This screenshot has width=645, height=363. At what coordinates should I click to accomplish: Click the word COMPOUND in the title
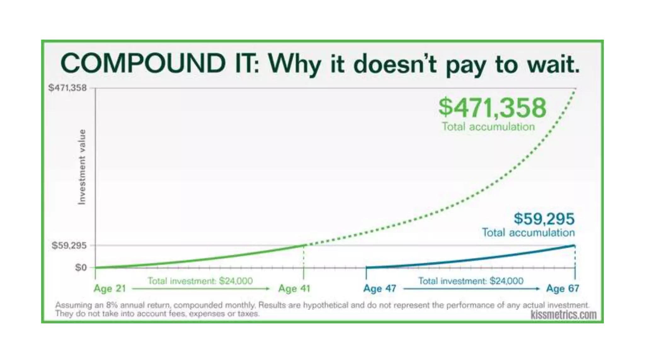click(x=143, y=63)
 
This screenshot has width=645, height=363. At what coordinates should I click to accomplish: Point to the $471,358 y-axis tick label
click(x=67, y=88)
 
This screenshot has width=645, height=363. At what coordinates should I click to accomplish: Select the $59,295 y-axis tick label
click(x=69, y=245)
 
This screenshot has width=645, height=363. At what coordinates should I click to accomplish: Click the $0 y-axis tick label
click(x=81, y=268)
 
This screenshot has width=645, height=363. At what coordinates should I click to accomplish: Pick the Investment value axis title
click(x=82, y=167)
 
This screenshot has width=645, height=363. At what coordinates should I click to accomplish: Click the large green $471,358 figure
click(x=492, y=108)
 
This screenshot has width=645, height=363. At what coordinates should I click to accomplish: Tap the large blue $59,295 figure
click(x=544, y=219)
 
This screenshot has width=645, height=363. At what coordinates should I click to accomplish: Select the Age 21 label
click(x=110, y=288)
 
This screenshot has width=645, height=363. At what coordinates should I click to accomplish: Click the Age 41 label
click(x=294, y=288)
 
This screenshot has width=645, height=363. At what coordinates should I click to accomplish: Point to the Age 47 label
click(x=380, y=288)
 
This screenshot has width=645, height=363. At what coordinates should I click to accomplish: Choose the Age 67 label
click(x=562, y=288)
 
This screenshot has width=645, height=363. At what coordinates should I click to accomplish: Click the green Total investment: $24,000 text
click(x=200, y=281)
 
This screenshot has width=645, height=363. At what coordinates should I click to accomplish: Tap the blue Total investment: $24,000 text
click(x=471, y=281)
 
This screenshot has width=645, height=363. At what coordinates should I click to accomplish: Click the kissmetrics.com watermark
click(x=563, y=314)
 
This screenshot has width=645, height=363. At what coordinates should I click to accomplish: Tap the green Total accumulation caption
click(x=488, y=127)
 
